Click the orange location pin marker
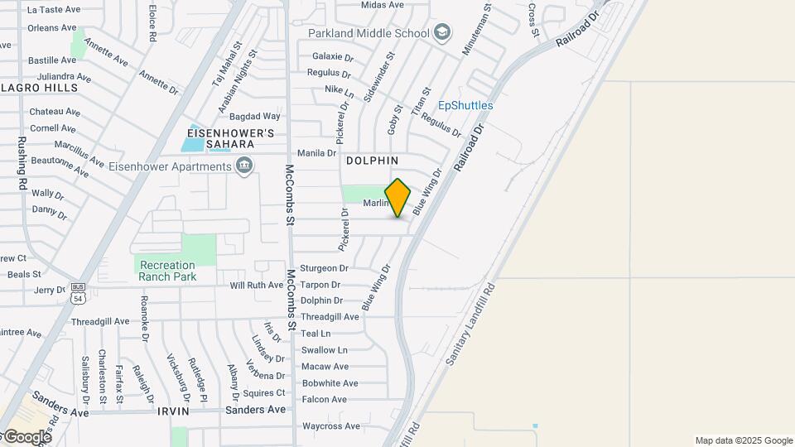(x=397, y=198)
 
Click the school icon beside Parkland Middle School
(x=443, y=32)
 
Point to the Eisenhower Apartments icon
(x=244, y=167)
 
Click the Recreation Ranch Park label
(x=167, y=271)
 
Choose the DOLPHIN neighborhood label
(x=372, y=161)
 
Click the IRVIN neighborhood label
(x=174, y=411)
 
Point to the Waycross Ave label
(x=331, y=426)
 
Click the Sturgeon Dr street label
(x=324, y=268)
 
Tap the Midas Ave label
(x=383, y=5)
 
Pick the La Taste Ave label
(x=54, y=10)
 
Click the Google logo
(x=25, y=436)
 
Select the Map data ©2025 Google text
(x=744, y=440)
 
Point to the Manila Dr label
(x=316, y=153)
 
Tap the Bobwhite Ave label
(x=330, y=383)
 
